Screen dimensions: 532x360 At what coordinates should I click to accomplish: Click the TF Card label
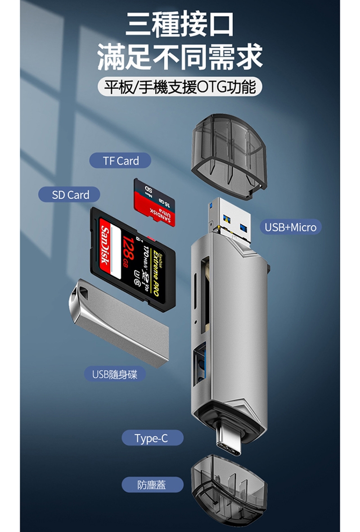[x=120, y=161]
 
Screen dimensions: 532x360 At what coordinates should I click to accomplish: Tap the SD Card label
[x=70, y=195]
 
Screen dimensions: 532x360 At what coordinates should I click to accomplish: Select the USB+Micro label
[x=290, y=227]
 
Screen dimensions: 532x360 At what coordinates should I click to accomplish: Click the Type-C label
[x=152, y=438]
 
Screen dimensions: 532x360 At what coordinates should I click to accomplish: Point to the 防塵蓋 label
[x=152, y=484]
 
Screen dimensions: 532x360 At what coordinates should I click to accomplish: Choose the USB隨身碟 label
[x=115, y=374]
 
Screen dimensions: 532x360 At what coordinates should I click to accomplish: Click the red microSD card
[x=155, y=203]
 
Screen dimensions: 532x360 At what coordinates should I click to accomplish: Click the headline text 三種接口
[x=180, y=25]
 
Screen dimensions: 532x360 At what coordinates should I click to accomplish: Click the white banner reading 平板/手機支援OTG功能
[x=180, y=86]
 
